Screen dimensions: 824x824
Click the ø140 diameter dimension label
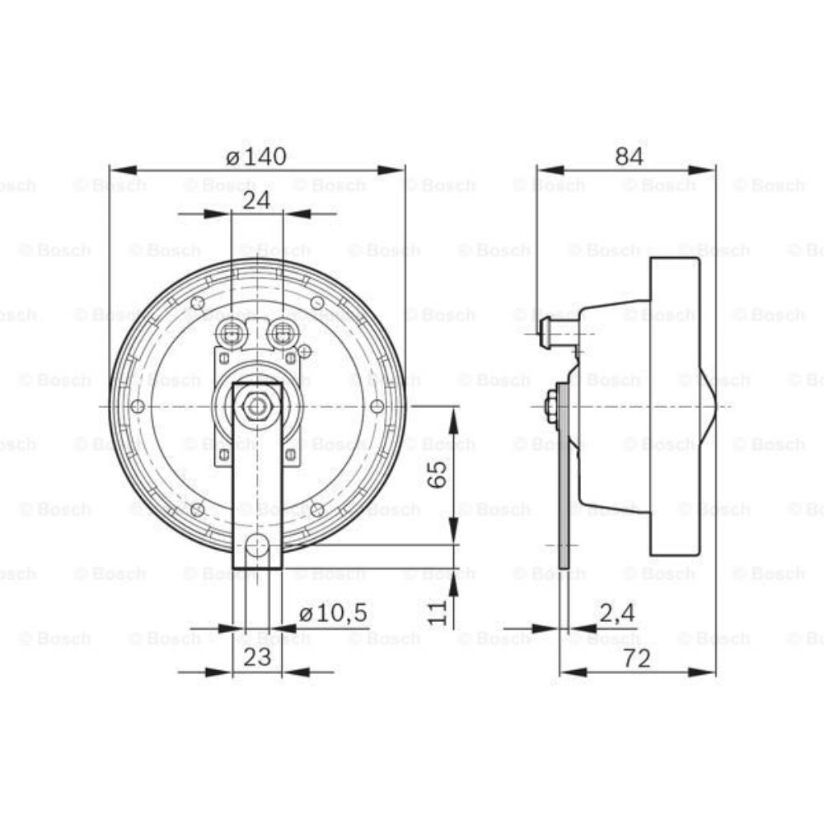coord(256,156)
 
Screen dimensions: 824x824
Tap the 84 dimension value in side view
coord(629,156)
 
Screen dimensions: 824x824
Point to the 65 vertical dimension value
coord(438,475)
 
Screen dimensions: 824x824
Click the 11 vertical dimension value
coord(438,611)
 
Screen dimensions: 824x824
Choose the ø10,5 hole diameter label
coord(333,614)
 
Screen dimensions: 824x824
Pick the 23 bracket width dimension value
coord(256,658)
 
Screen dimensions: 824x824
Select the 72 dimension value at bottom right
coord(636,658)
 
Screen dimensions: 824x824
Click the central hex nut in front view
coord(258,405)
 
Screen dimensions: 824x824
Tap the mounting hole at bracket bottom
coord(258,545)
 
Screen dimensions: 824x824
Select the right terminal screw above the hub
coord(283,334)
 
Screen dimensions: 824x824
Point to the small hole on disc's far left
coord(138,406)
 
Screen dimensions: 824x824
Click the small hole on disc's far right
coord(377,406)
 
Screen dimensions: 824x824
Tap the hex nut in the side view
coord(550,406)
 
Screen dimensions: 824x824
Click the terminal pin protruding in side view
coord(545,335)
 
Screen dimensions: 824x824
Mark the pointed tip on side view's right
coord(728,405)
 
